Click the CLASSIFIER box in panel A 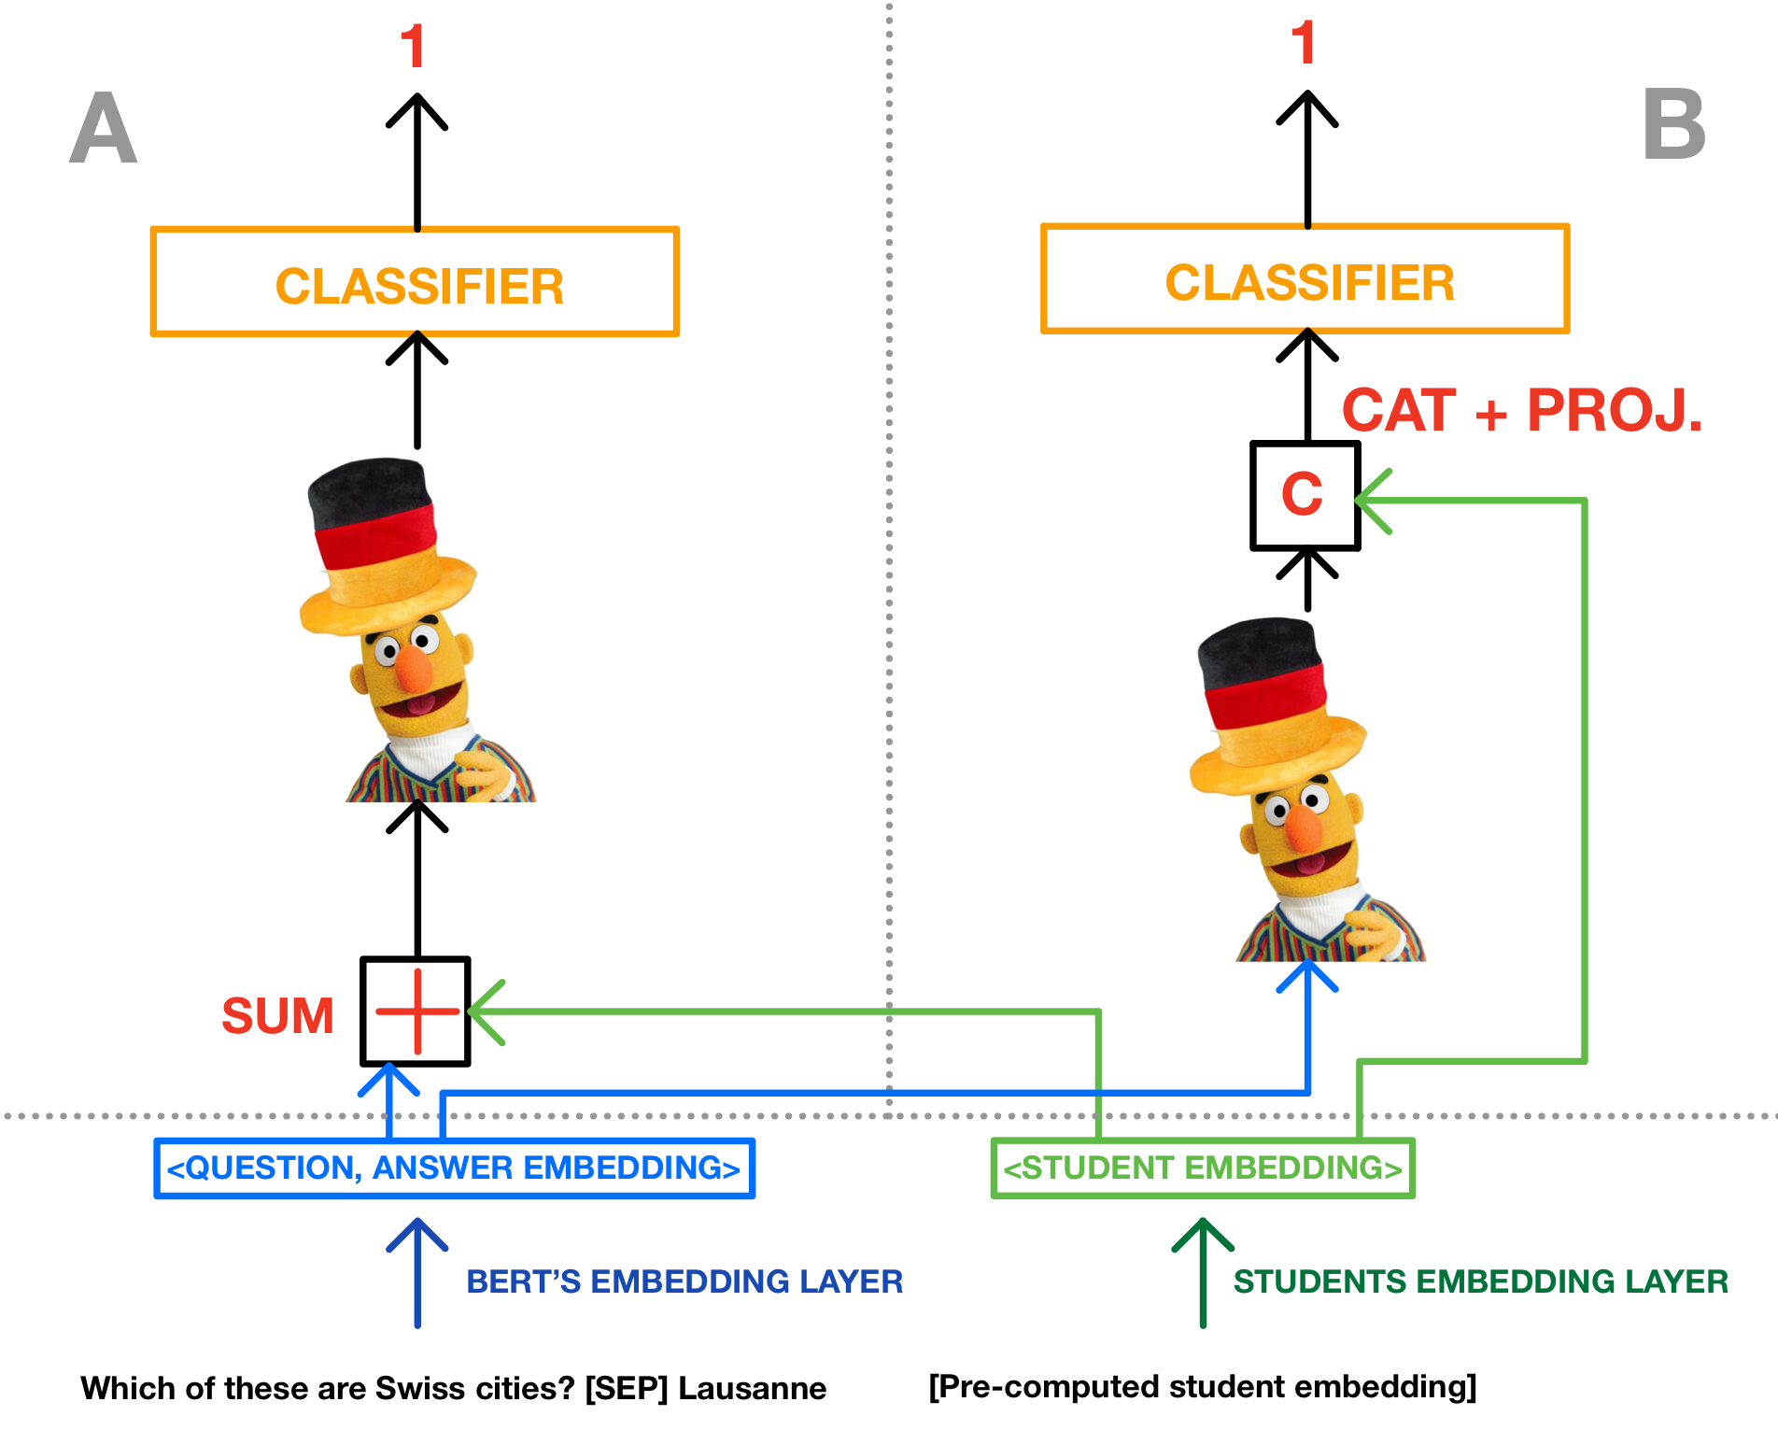[415, 282]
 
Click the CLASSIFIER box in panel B [1305, 279]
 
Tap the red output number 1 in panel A [413, 47]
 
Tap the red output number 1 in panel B [1304, 43]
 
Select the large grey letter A [104, 129]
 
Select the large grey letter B [1673, 125]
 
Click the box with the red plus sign [416, 1012]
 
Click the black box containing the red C [1305, 495]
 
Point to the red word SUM [277, 1015]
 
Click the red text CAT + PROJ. [1521, 410]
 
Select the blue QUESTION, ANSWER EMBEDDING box [454, 1168]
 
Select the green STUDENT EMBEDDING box [1203, 1168]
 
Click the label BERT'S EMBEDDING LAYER [684, 1281]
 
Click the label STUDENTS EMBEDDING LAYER [1480, 1281]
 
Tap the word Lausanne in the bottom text [752, 1388]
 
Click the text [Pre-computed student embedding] [1202, 1386]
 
